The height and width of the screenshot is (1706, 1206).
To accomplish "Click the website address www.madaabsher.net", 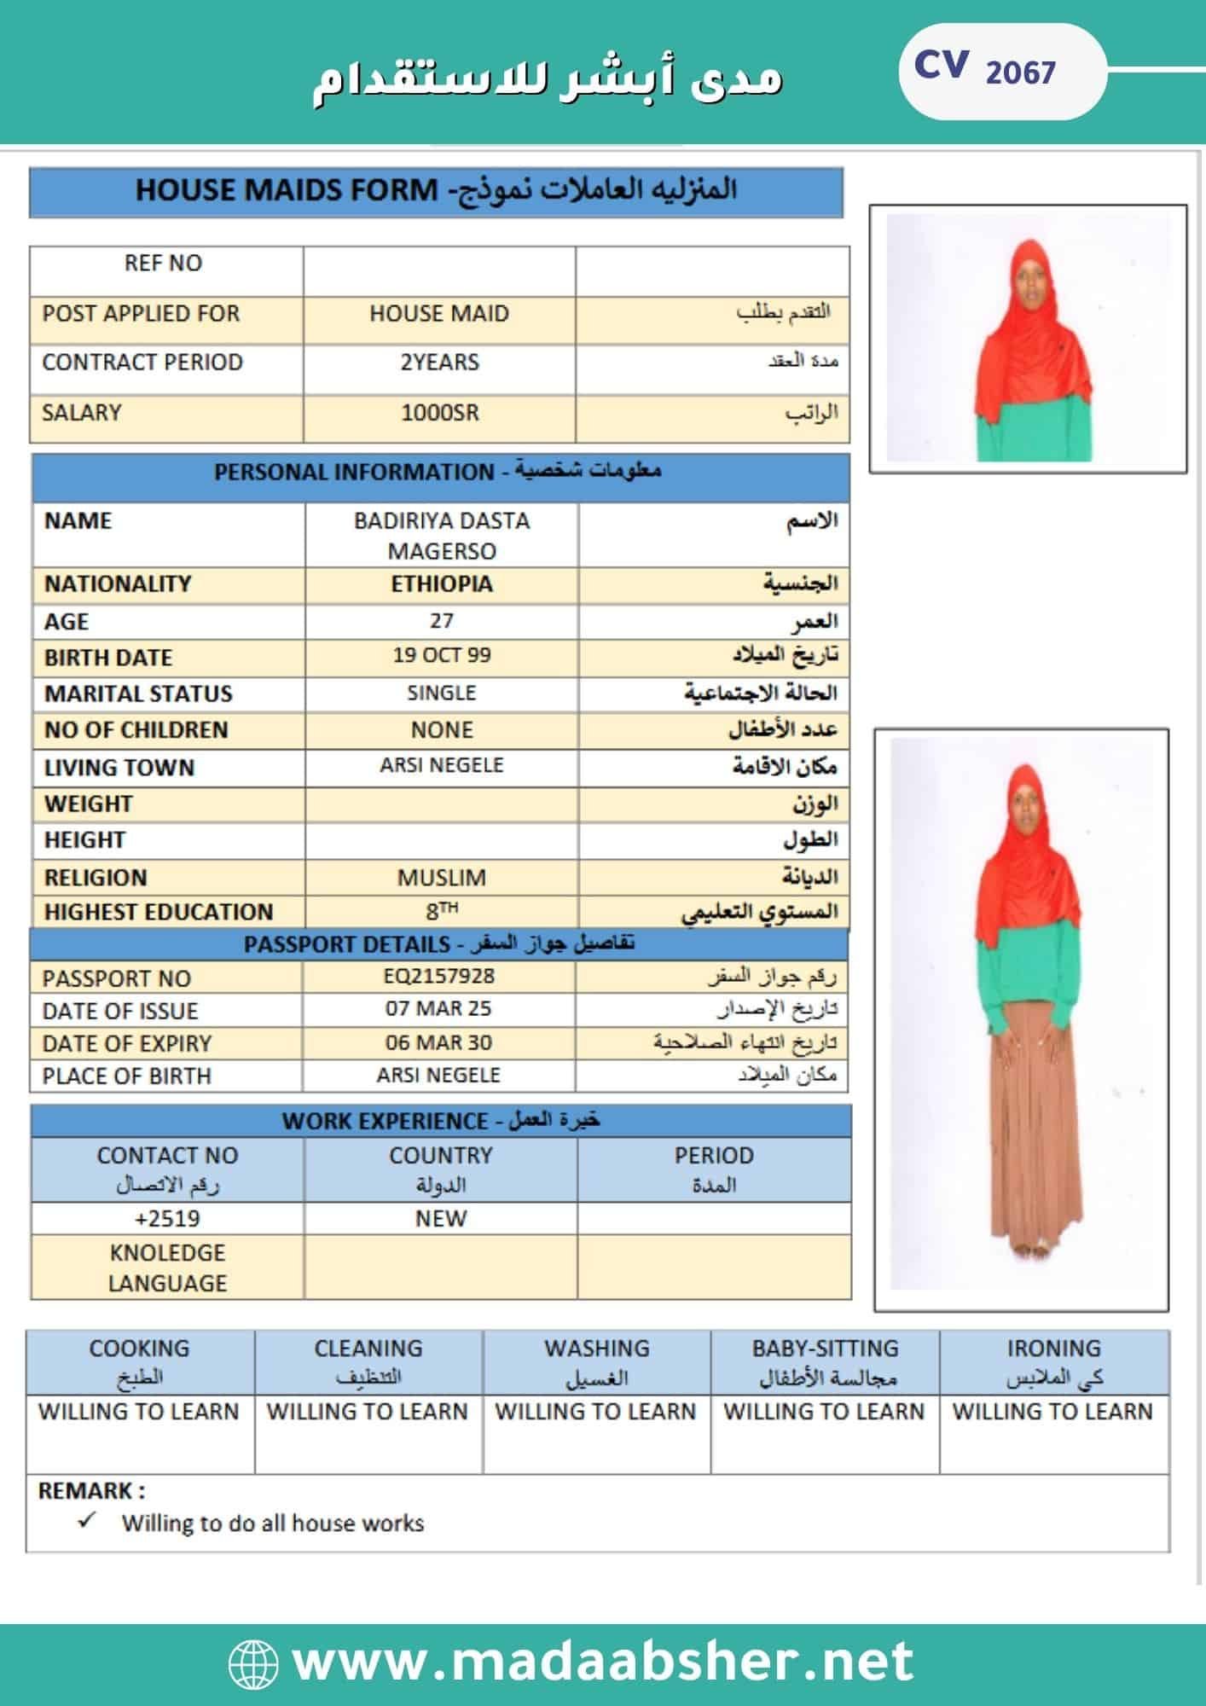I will coord(602,1661).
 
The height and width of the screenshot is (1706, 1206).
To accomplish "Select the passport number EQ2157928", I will coord(439,977).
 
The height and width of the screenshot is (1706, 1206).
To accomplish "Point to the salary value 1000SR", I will coord(440,413).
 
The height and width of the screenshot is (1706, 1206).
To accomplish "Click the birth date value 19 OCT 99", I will coord(442,656).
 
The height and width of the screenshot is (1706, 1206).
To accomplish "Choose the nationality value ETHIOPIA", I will coord(442,584).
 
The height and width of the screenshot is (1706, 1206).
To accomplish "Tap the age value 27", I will coord(442,621).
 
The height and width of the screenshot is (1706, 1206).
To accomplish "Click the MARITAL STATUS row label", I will coord(138,693).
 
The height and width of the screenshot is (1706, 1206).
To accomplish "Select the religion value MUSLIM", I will coord(442,877).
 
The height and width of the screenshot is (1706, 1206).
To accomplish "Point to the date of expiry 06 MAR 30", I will coord(438,1042).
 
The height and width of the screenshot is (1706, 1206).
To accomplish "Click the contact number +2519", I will coord(167,1218).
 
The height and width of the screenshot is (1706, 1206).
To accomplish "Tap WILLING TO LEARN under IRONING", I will coord(1052,1412).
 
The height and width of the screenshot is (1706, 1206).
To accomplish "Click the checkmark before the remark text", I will coord(86,1521).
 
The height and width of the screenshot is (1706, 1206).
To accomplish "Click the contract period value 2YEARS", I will coord(440,363).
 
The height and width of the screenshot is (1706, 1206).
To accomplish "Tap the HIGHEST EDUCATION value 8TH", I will coord(442,911).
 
